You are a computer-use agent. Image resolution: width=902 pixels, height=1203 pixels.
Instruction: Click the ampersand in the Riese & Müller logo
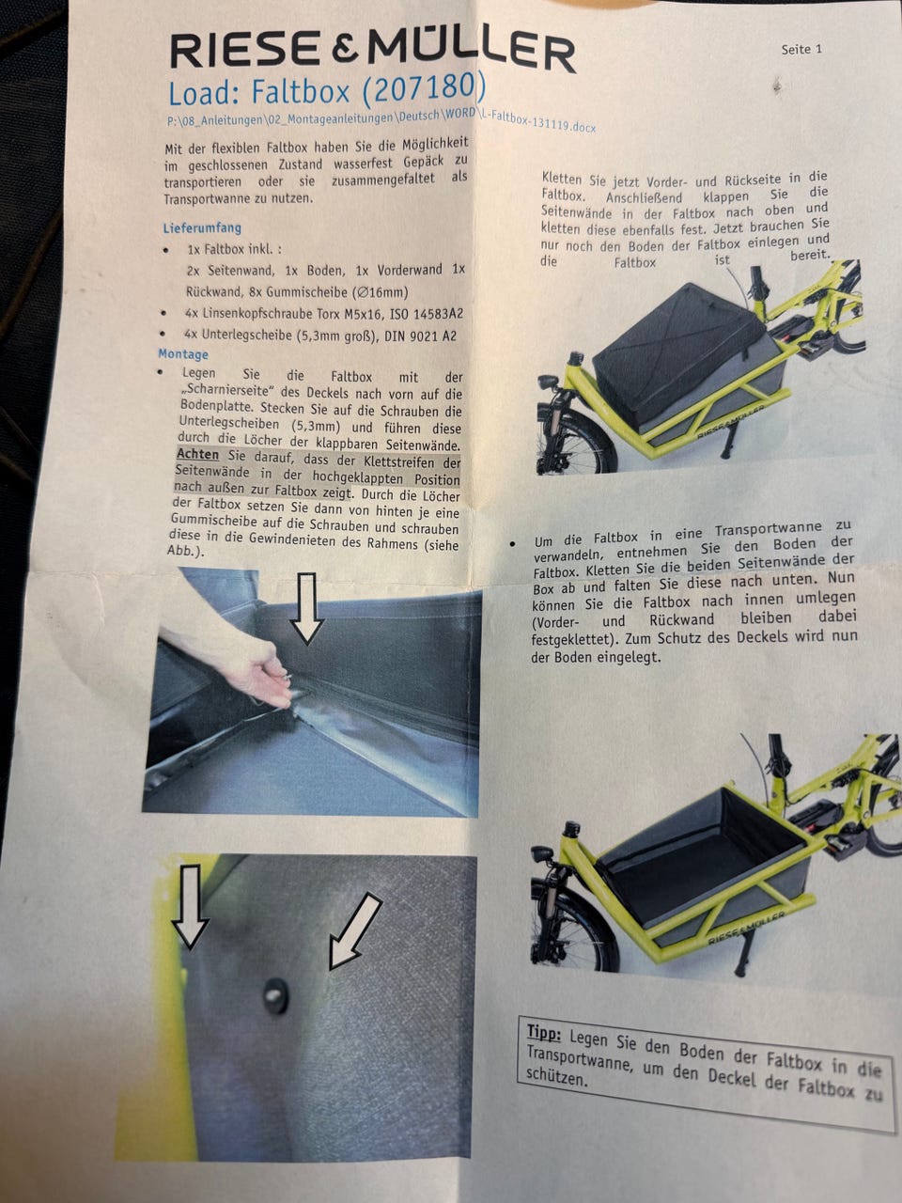(x=345, y=51)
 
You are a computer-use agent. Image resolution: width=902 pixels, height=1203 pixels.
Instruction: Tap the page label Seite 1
(x=801, y=49)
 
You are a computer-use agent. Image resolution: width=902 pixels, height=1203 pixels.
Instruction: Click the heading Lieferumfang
(x=202, y=227)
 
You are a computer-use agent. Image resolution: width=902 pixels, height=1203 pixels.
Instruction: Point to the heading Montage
(x=183, y=354)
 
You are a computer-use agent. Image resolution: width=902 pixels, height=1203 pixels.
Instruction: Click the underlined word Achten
(x=197, y=454)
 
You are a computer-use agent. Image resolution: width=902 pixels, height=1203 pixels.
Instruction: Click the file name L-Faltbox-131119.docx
(x=537, y=123)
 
